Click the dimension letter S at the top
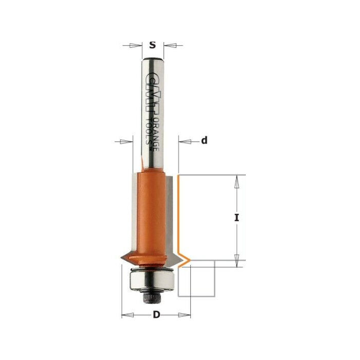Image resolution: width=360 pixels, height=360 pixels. (x=152, y=45)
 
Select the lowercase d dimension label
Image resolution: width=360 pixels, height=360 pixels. (x=204, y=140)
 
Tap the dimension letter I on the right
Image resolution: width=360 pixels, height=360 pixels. (x=237, y=218)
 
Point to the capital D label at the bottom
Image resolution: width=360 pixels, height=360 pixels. (x=155, y=315)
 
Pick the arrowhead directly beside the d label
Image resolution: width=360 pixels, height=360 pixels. (x=185, y=140)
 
